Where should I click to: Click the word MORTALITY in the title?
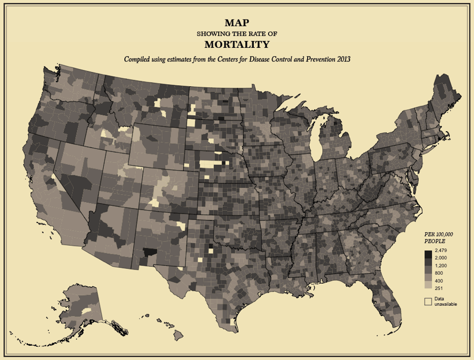pyautogui.click(x=236, y=45)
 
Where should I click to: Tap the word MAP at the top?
pyautogui.click(x=236, y=23)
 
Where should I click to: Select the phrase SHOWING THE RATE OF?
pyautogui.click(x=236, y=34)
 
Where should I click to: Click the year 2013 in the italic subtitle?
pyautogui.click(x=342, y=59)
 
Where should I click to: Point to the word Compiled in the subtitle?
pyautogui.click(x=138, y=59)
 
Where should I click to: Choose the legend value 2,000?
pyautogui.click(x=441, y=258)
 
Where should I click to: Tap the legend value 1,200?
pyautogui.click(x=441, y=265)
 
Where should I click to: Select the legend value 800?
pyautogui.click(x=438, y=273)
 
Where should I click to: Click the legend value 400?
pyautogui.click(x=438, y=281)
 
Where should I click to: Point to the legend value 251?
pyautogui.click(x=438, y=288)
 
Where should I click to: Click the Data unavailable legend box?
pyautogui.click(x=428, y=301)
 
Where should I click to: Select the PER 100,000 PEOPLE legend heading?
pyautogui.click(x=439, y=237)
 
